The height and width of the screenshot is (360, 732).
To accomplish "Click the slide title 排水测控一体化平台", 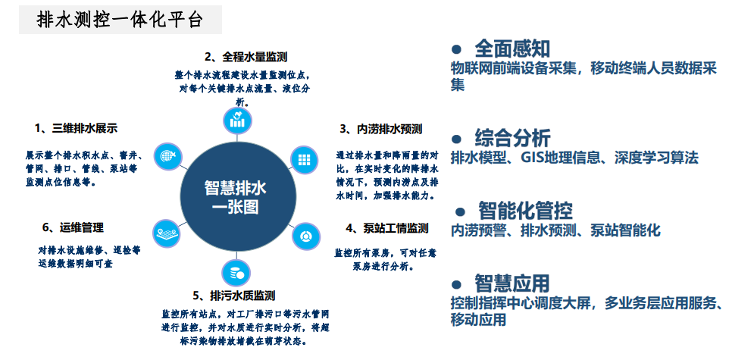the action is (x=120, y=20).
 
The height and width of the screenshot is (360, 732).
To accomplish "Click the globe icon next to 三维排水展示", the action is (x=167, y=156).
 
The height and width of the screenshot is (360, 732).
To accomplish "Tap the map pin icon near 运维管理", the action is (x=167, y=233).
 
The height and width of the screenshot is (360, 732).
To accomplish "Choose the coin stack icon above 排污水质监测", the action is (x=236, y=273).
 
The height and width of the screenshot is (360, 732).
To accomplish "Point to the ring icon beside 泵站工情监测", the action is (x=306, y=236).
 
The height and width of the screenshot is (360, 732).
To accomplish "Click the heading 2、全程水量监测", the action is (x=246, y=57).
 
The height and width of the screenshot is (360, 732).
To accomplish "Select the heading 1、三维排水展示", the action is (x=76, y=128).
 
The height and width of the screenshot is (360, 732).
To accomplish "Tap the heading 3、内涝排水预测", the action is (x=380, y=129).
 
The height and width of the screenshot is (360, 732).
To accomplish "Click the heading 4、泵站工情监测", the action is (x=387, y=228).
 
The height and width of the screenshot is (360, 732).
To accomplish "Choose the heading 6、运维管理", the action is (x=73, y=228).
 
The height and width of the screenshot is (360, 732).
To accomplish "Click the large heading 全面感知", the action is (x=512, y=49).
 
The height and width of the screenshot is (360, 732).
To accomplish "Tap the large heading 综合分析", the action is (x=512, y=138).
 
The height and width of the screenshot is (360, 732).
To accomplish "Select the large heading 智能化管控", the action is (x=525, y=211).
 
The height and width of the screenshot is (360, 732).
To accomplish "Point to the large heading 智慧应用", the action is (x=512, y=283).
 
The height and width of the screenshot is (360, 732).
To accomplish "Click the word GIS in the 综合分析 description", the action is (x=533, y=158).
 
